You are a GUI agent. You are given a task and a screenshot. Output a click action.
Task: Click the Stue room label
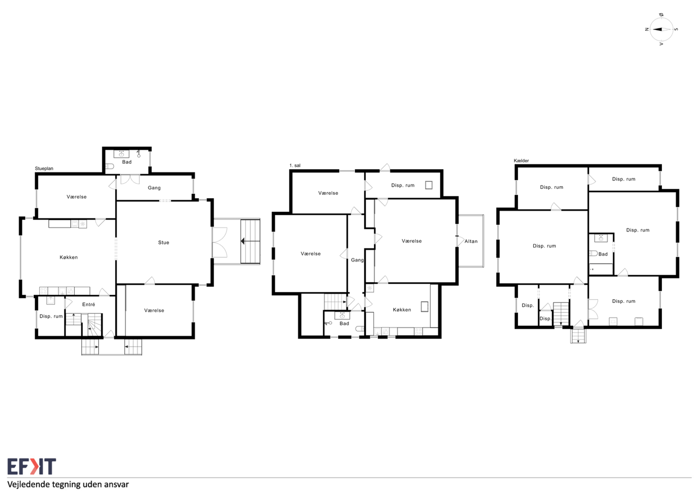pyautogui.click(x=164, y=242)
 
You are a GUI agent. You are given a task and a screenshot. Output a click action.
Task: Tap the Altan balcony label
pyautogui.click(x=471, y=241)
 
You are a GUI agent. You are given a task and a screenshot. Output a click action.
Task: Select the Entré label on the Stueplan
pyautogui.click(x=88, y=305)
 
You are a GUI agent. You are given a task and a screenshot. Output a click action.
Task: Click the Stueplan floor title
pyautogui.click(x=44, y=169)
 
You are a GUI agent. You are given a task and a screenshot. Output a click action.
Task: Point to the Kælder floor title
pyautogui.click(x=521, y=160)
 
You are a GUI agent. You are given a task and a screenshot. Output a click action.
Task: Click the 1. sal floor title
pyautogui.click(x=295, y=165)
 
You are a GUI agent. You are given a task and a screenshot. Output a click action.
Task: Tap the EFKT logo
pyautogui.click(x=32, y=466)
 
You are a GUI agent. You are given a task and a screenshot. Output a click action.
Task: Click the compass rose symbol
pyautogui.click(x=661, y=29)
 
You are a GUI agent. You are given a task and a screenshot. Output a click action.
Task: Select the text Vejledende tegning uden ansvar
pyautogui.click(x=68, y=484)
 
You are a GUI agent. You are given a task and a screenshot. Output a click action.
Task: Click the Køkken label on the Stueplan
pyautogui.click(x=69, y=257)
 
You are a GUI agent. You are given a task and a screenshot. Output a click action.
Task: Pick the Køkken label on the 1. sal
pyautogui.click(x=402, y=310)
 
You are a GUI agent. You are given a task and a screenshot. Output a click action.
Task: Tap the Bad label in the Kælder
pyautogui.click(x=603, y=254)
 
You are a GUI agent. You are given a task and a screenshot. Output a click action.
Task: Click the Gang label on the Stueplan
pyautogui.click(x=154, y=188)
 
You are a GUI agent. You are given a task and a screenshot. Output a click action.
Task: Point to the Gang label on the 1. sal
pyautogui.click(x=357, y=260)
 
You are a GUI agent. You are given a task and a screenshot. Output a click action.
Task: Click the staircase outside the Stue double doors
pyautogui.click(x=250, y=241)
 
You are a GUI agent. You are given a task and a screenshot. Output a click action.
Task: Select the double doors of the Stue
pyautogui.click(x=220, y=243)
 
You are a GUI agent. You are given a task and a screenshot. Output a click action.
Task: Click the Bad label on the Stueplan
pyautogui.click(x=127, y=162)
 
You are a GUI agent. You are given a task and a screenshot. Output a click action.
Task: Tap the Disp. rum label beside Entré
pyautogui.click(x=51, y=316)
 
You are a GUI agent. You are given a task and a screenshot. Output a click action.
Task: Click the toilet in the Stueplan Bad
pyautogui.click(x=110, y=166)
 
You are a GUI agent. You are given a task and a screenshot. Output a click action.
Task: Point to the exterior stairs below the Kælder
pyautogui.click(x=579, y=336)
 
